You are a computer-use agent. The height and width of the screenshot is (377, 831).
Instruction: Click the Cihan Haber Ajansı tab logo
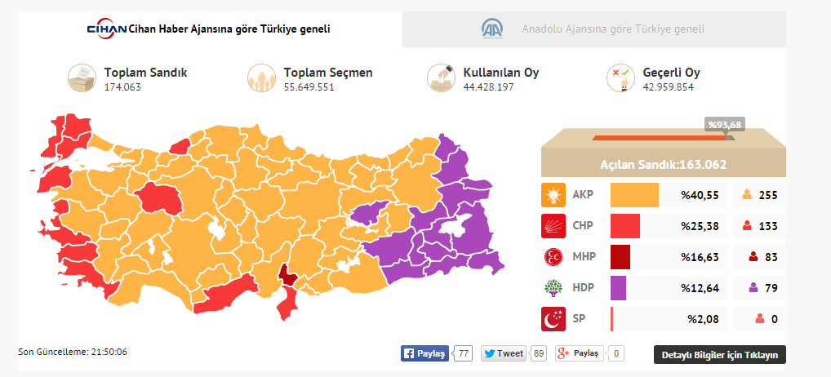[107, 29]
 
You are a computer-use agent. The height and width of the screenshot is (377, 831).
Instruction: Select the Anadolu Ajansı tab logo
[492, 29]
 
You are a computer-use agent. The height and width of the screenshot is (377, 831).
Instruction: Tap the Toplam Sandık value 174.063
[122, 86]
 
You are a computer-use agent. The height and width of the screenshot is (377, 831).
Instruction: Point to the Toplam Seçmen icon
[261, 78]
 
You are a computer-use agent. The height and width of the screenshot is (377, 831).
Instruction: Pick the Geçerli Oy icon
[620, 78]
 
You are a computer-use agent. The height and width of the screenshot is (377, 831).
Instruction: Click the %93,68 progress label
[725, 124]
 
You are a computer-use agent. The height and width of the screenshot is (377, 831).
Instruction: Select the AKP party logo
[553, 195]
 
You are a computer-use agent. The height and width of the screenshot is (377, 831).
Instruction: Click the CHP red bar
[625, 226]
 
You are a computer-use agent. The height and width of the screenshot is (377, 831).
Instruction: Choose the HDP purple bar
[618, 288]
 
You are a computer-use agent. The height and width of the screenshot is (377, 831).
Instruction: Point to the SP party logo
[553, 319]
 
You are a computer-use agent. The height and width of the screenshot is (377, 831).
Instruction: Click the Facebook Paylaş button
[424, 353]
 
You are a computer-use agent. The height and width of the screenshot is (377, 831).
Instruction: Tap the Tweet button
[504, 353]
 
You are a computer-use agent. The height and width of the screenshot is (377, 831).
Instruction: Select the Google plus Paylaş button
[580, 353]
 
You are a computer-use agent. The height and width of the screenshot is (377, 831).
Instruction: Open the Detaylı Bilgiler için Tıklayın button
[720, 354]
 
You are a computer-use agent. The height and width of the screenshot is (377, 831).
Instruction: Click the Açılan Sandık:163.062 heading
[663, 164]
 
